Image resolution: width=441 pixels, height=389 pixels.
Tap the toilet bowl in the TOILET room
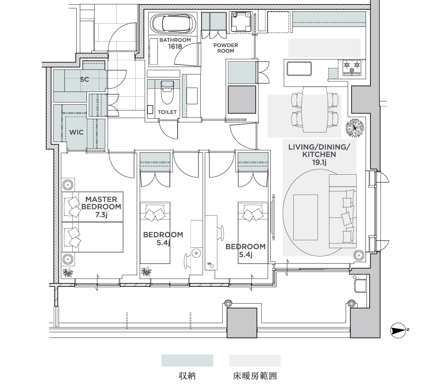pyautogui.click(x=167, y=92)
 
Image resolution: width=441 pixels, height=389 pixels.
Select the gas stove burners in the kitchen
pyautogui.click(x=351, y=67)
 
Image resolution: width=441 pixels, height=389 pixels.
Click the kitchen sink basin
pyautogui.click(x=299, y=69)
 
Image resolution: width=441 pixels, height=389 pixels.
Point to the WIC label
pyautogui.click(x=76, y=132)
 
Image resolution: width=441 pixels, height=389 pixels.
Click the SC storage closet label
pyautogui.click(x=84, y=79)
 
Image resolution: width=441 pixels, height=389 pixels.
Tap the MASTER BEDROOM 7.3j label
pyautogui.click(x=101, y=207)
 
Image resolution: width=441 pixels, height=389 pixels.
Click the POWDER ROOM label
pyautogui.click(x=225, y=48)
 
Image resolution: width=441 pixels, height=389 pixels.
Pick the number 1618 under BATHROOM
pyautogui.click(x=175, y=47)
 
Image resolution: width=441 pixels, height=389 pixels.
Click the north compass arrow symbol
pyautogui.click(x=398, y=330)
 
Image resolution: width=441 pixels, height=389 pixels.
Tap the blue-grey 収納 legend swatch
pyautogui.click(x=187, y=360)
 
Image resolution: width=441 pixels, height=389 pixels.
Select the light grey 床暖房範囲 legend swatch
pyautogui.click(x=255, y=360)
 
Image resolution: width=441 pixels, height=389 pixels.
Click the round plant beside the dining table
pyautogui.click(x=355, y=128)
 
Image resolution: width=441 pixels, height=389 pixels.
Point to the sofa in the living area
pyautogui.click(x=343, y=211)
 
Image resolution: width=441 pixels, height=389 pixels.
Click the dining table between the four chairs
pyautogui.click(x=315, y=110)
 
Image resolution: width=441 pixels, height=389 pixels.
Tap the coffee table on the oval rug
pyautogui.click(x=306, y=217)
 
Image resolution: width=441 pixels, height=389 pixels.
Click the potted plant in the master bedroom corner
pyautogui.click(x=67, y=272)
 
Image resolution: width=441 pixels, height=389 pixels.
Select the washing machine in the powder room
pyautogui.click(x=241, y=22)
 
